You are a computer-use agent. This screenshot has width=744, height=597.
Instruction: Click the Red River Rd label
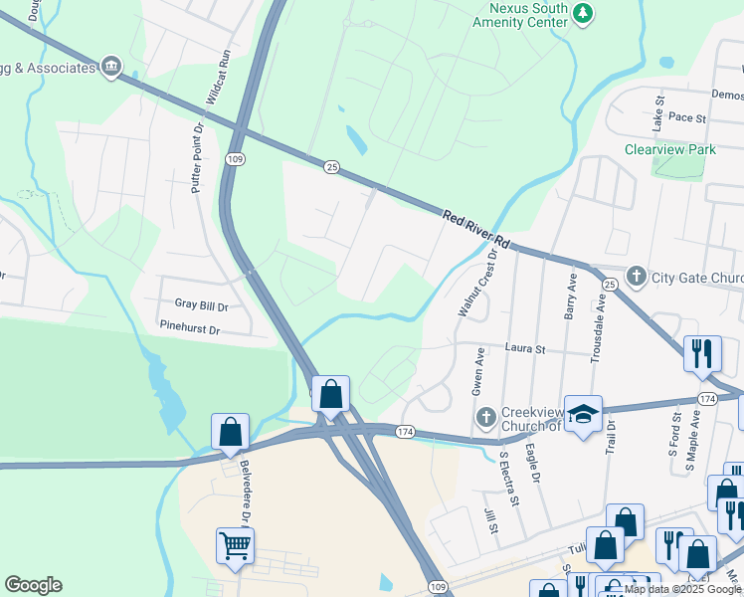coord(476,229)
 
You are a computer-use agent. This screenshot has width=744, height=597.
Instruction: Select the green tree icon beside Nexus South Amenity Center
coord(584,12)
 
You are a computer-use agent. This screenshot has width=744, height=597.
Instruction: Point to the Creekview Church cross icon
coord(486,416)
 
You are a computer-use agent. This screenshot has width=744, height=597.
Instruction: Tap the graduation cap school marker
coord(583,413)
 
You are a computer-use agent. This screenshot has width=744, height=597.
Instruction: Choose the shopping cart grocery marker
coord(236,544)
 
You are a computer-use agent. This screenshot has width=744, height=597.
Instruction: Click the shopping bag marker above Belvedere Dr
coord(231,432)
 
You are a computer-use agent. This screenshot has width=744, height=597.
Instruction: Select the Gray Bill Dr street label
coord(201,305)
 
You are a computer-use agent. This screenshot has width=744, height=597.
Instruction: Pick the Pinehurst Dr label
coord(188,326)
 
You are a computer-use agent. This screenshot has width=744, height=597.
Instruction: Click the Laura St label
coord(526,349)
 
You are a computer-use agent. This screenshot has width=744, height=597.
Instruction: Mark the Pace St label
coord(686,117)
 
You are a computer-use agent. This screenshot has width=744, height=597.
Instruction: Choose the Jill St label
coord(490,521)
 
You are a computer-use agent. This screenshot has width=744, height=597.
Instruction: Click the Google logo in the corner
coord(33,585)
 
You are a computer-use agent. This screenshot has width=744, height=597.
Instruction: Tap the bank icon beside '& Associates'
coord(110,68)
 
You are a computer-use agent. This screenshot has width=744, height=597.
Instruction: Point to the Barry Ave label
coord(571,296)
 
